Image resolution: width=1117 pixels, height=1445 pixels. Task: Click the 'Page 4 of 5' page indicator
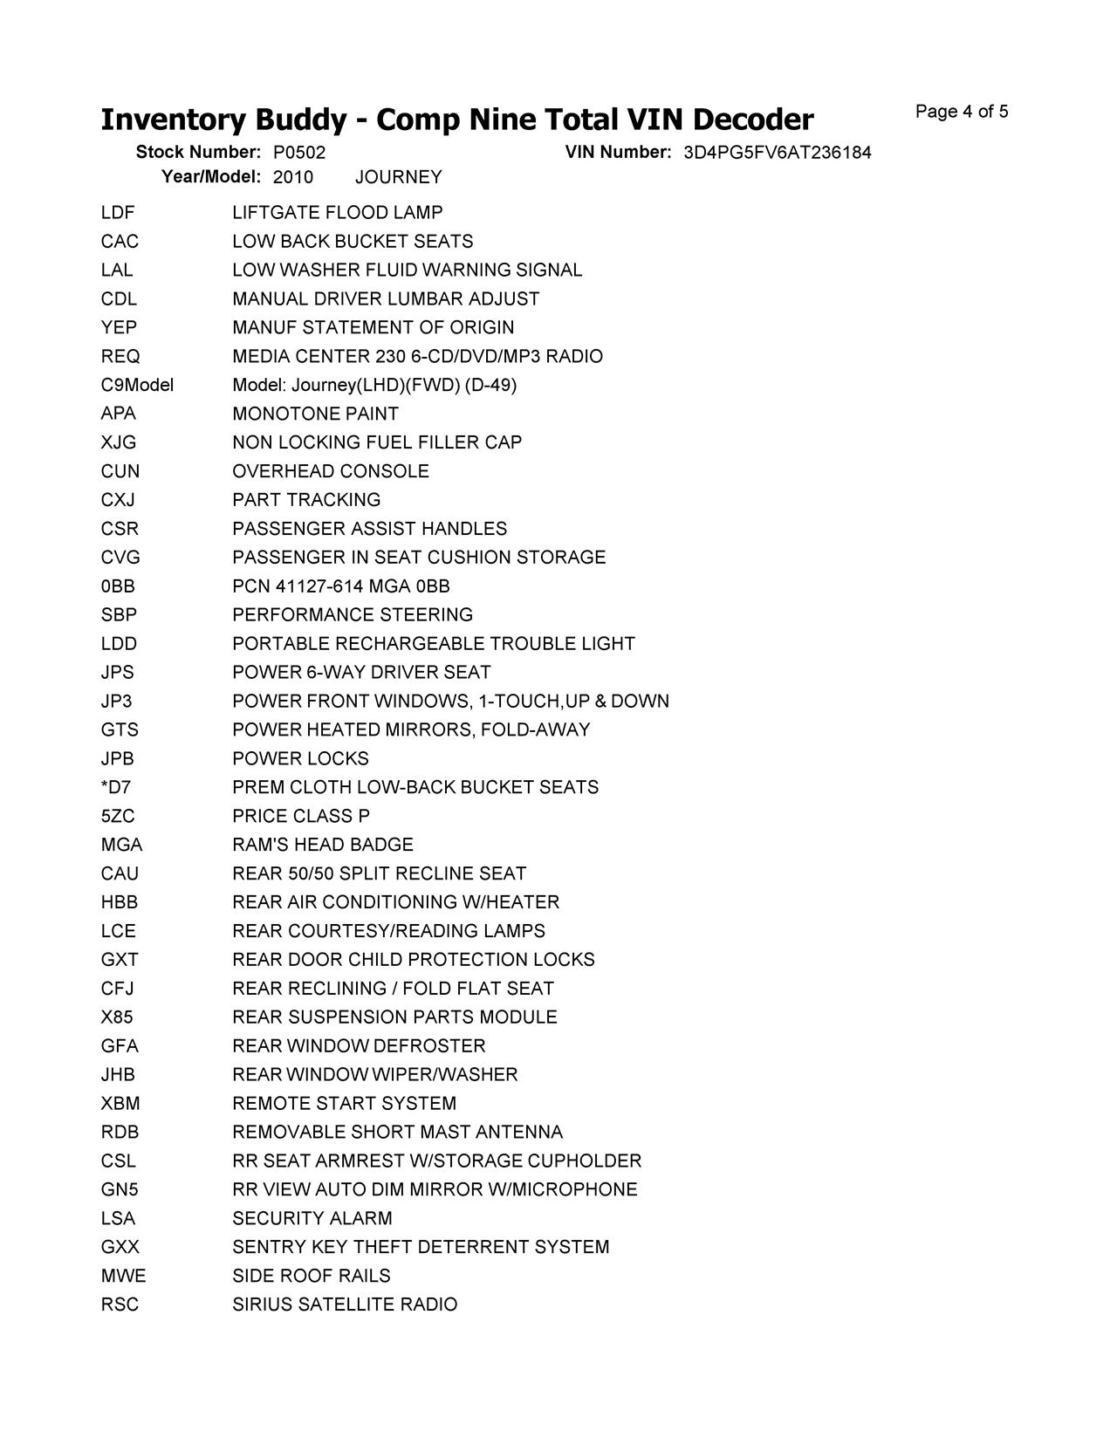point(962,112)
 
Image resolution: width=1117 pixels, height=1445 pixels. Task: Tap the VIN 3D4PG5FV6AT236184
point(777,153)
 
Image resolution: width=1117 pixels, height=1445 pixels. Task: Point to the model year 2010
point(292,177)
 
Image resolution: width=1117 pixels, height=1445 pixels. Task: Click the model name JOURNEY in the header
point(399,177)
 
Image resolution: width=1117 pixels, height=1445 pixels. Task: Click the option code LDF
point(118,213)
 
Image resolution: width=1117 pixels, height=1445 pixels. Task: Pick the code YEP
point(119,328)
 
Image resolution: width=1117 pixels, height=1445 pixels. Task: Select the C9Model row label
point(137,385)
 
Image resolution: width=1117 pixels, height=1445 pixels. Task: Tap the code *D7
point(115,787)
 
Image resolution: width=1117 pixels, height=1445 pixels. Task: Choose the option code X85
point(117,1017)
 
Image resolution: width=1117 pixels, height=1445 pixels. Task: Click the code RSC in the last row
point(120,1305)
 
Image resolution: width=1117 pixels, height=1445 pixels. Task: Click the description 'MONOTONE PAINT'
point(315,414)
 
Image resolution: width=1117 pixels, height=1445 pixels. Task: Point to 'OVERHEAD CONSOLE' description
point(331,471)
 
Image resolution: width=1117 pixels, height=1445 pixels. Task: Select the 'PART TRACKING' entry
point(306,500)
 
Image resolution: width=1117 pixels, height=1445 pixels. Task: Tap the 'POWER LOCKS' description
point(300,759)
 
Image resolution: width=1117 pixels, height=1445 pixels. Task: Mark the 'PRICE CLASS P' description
point(301,816)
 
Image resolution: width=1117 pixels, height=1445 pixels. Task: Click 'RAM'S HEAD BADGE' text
point(322,845)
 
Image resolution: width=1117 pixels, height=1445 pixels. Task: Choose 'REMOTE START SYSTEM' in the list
point(344,1104)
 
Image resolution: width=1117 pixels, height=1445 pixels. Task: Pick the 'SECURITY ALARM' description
point(312,1218)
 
